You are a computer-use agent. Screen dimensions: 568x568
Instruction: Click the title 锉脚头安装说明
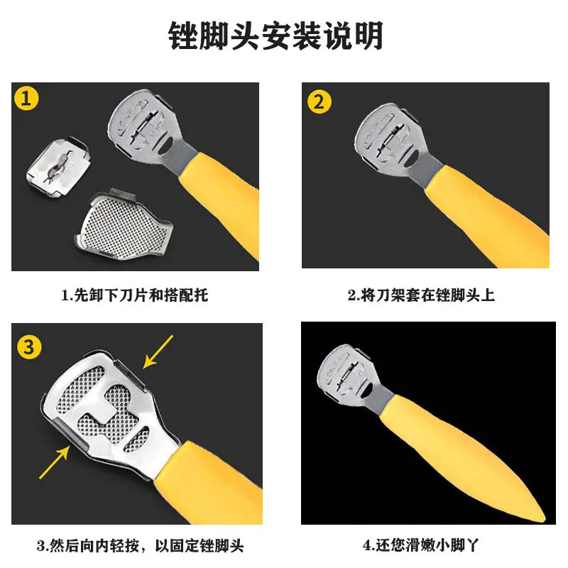(x=275, y=35)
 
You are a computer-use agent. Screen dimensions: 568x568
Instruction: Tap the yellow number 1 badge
(x=26, y=98)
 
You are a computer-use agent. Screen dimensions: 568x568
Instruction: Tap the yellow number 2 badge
(x=319, y=102)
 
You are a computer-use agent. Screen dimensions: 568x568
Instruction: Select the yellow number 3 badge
(x=29, y=346)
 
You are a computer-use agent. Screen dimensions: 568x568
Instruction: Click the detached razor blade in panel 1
(x=58, y=168)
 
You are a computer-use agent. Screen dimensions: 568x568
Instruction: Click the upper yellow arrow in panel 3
(x=158, y=351)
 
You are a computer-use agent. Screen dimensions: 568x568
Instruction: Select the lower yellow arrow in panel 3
(x=55, y=462)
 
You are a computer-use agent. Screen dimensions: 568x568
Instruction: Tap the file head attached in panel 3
(x=109, y=413)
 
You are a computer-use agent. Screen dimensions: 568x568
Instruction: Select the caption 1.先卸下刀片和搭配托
(x=135, y=295)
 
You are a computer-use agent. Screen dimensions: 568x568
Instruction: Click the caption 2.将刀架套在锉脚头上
(x=421, y=295)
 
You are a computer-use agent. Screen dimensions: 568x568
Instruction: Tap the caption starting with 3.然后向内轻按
(x=140, y=545)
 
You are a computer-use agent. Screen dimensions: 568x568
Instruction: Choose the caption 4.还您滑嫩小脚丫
(x=421, y=545)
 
